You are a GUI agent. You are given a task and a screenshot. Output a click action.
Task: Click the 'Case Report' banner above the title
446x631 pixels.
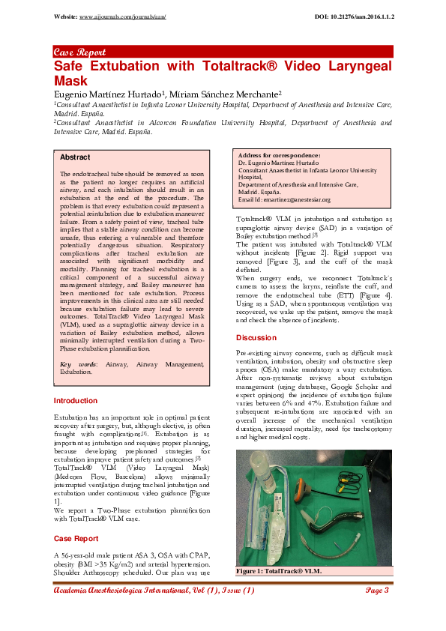pyautogui.click(x=79, y=52)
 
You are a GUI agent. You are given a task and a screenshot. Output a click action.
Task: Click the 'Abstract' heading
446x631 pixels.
pyautogui.click(x=75, y=157)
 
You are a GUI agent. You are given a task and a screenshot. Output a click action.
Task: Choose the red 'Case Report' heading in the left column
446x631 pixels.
pyautogui.click(x=76, y=538)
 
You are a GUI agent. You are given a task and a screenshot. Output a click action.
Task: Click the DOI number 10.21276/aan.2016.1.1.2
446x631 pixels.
pyautogui.click(x=363, y=16)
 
